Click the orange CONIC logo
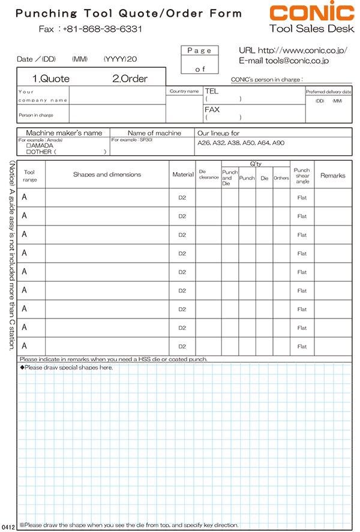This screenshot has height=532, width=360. coord(311,13)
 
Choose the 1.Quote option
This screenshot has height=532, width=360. coord(51,79)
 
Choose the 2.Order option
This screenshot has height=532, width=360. coord(130,79)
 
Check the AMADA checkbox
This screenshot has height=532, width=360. coord(29,146)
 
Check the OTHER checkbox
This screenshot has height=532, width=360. coord(29,152)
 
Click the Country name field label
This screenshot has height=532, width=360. coord(184,92)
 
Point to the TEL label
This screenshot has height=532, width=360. coord(212,91)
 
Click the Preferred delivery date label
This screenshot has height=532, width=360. coord(329,92)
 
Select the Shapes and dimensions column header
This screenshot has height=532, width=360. coord(107,175)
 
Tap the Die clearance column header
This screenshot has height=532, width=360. coord(208,175)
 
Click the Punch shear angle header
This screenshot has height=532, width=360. coord(302,175)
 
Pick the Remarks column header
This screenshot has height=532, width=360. coord(333,175)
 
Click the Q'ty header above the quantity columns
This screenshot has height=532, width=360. coord(256,163)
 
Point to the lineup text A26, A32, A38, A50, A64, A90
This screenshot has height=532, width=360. coord(241,143)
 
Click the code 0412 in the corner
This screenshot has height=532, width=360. coord(8,526)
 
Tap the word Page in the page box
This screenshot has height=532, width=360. coord(199,51)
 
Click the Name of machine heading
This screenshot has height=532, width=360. coord(154,133)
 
